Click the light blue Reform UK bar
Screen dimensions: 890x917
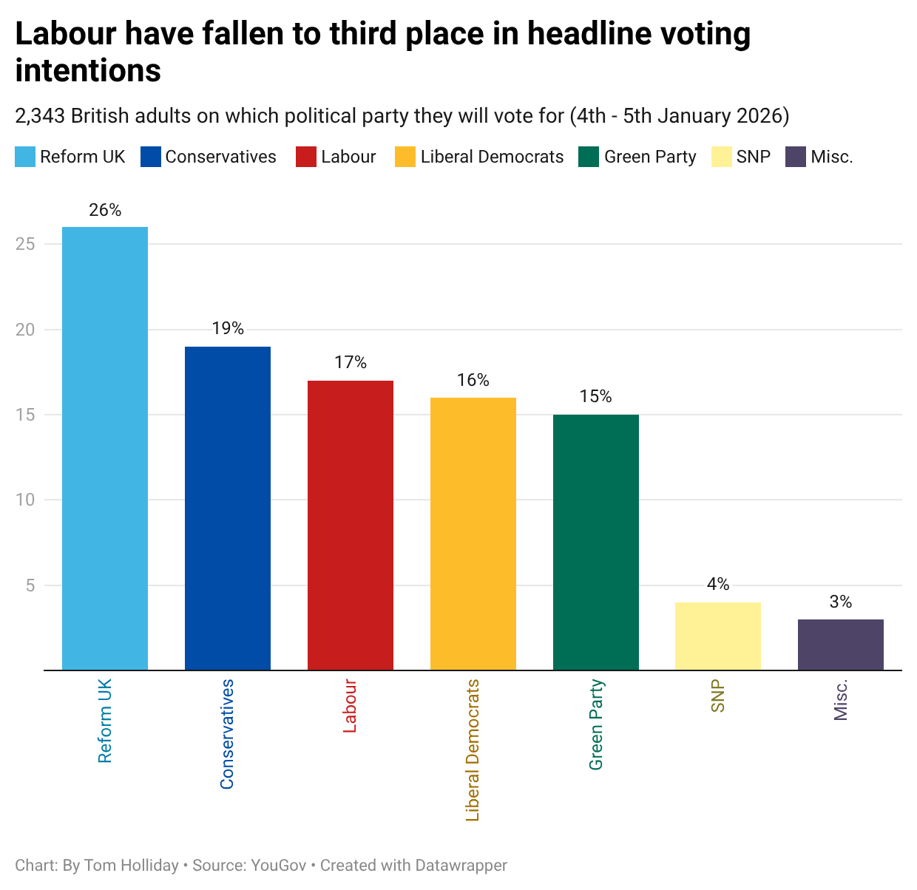(x=105, y=448)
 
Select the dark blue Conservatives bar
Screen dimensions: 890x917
(x=227, y=508)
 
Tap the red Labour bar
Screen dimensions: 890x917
(x=350, y=525)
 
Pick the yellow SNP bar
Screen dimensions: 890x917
(x=717, y=636)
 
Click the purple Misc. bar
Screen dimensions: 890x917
(x=840, y=645)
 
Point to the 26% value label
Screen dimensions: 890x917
(x=105, y=211)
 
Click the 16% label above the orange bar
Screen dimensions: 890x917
(x=473, y=380)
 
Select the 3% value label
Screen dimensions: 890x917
(x=840, y=602)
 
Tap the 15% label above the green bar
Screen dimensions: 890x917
(x=595, y=397)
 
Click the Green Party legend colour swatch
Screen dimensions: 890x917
(x=589, y=157)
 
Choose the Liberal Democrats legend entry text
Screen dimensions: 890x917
(x=492, y=157)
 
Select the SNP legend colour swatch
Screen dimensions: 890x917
(x=721, y=157)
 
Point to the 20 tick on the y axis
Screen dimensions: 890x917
(x=25, y=330)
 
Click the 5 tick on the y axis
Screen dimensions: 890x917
(x=30, y=585)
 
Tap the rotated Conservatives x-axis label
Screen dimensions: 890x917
(x=227, y=734)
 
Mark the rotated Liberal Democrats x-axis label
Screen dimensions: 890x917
(x=473, y=750)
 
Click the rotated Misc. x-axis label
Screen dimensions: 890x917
(x=840, y=700)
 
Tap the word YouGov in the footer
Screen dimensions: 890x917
(x=278, y=865)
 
